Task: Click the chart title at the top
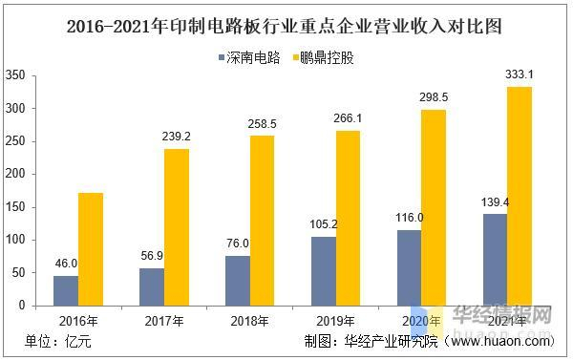286,26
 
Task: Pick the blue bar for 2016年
65,290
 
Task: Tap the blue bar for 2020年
410,267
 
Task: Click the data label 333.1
517,75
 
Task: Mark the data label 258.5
263,124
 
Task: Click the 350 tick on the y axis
14,75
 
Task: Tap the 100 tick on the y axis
14,240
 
